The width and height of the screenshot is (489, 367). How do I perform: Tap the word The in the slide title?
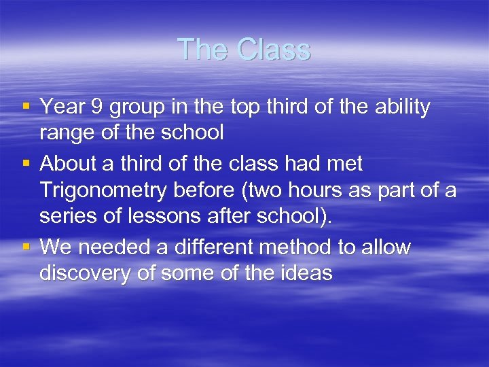[x=200, y=50]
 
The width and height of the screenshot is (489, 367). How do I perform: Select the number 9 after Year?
[x=95, y=107]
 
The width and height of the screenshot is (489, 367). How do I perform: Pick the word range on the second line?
[x=66, y=133]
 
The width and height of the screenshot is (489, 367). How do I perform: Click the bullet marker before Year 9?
[x=25, y=107]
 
